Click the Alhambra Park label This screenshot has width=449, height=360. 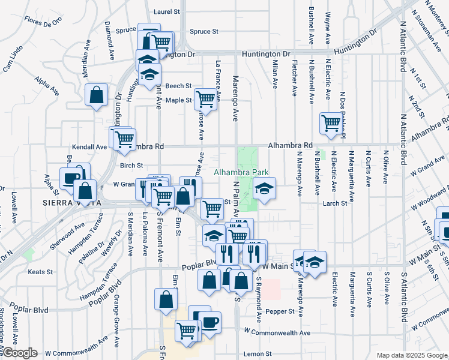pos(241,172)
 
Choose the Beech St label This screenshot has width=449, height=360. pos(178,86)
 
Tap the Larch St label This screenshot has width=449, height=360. pos(335,203)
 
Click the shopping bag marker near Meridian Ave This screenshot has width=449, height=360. pos(96,95)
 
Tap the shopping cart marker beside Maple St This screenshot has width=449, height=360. pos(205,100)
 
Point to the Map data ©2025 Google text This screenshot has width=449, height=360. pos(411,355)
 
